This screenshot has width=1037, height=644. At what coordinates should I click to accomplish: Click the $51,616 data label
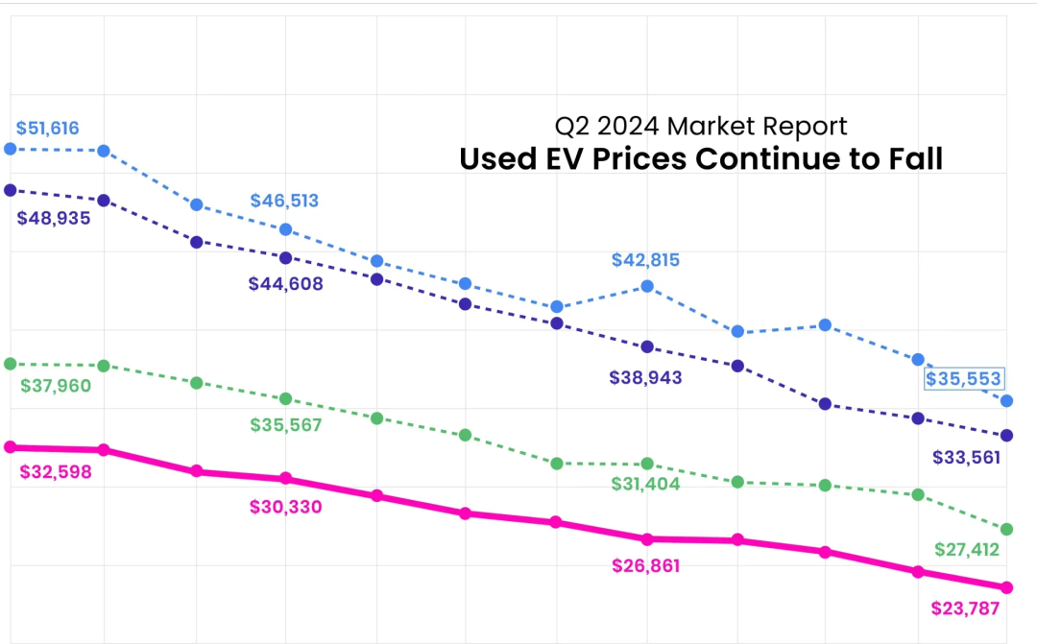[x=47, y=128]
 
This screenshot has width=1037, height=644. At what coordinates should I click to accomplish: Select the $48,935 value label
[x=54, y=218]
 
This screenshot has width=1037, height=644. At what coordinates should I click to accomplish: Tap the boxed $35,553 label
[x=963, y=378]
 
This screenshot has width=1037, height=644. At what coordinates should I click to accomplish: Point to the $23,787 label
[x=966, y=608]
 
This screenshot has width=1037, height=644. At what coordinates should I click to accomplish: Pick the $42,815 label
[x=646, y=260]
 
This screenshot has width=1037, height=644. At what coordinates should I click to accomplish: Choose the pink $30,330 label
[x=285, y=507]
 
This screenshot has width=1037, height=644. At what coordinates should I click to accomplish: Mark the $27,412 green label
[x=967, y=550]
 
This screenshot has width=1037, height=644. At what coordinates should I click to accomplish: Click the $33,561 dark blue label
[x=966, y=458]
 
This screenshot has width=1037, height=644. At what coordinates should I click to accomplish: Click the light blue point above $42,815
[x=647, y=286]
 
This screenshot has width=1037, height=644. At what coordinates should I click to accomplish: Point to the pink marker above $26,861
[x=647, y=539]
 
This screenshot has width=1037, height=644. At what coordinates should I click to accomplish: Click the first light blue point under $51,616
[x=11, y=149]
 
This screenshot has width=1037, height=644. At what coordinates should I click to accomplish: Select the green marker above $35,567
[x=285, y=398]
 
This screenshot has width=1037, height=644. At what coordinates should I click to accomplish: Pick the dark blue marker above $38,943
[x=647, y=346]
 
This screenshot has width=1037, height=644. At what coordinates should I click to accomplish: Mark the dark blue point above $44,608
[x=285, y=257]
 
